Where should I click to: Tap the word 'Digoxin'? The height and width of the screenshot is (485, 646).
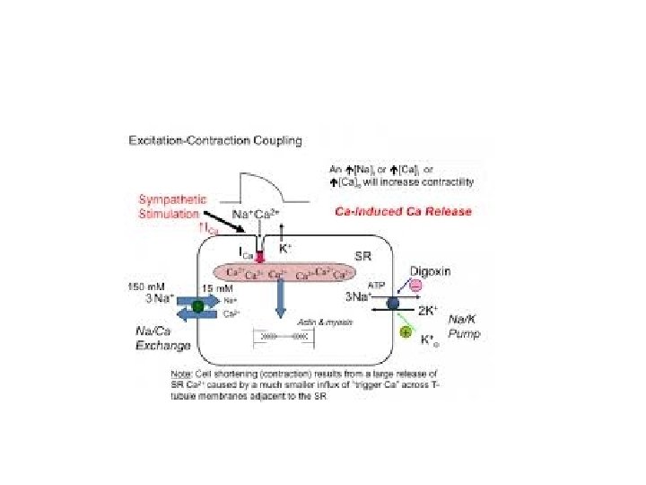tap(431, 270)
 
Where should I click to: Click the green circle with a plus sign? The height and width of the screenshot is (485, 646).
tap(405, 332)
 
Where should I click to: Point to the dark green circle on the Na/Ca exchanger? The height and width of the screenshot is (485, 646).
tap(197, 307)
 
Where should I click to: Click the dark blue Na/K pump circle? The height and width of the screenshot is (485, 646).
tap(392, 304)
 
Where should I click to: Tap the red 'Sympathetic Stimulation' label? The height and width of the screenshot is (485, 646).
tap(171, 205)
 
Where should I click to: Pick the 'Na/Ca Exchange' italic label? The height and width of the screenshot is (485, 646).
tap(144, 337)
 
